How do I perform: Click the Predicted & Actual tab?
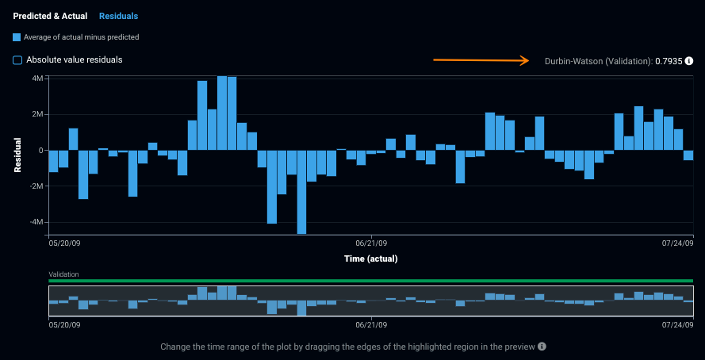coord(50,16)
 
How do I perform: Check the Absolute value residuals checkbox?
coord(17,59)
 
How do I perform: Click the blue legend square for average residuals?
coord(17,37)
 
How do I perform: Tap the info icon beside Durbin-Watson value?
coord(689,61)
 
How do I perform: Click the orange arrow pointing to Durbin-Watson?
coord(481,59)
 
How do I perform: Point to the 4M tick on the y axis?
coord(37,79)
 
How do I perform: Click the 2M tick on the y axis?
coord(37,114)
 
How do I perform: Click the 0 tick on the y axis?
coord(40,151)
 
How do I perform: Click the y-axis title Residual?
coord(17,155)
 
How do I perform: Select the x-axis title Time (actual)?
coord(370,259)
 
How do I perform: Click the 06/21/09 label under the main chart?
coord(370,243)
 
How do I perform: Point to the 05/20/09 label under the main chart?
coord(64,243)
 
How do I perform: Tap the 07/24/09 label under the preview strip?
coord(677,324)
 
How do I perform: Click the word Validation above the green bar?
coord(63,274)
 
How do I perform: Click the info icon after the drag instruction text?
coord(542,347)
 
